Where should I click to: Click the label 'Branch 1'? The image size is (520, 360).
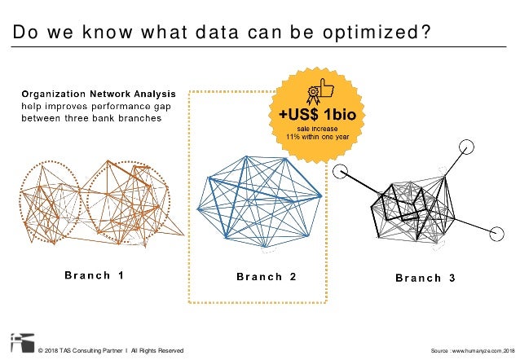[95, 275]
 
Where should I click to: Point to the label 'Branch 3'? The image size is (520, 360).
[425, 278]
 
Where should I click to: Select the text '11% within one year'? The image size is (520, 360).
[317, 137]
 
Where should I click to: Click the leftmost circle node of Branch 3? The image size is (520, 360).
[341, 171]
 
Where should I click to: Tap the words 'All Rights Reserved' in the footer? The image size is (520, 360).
[157, 350]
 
